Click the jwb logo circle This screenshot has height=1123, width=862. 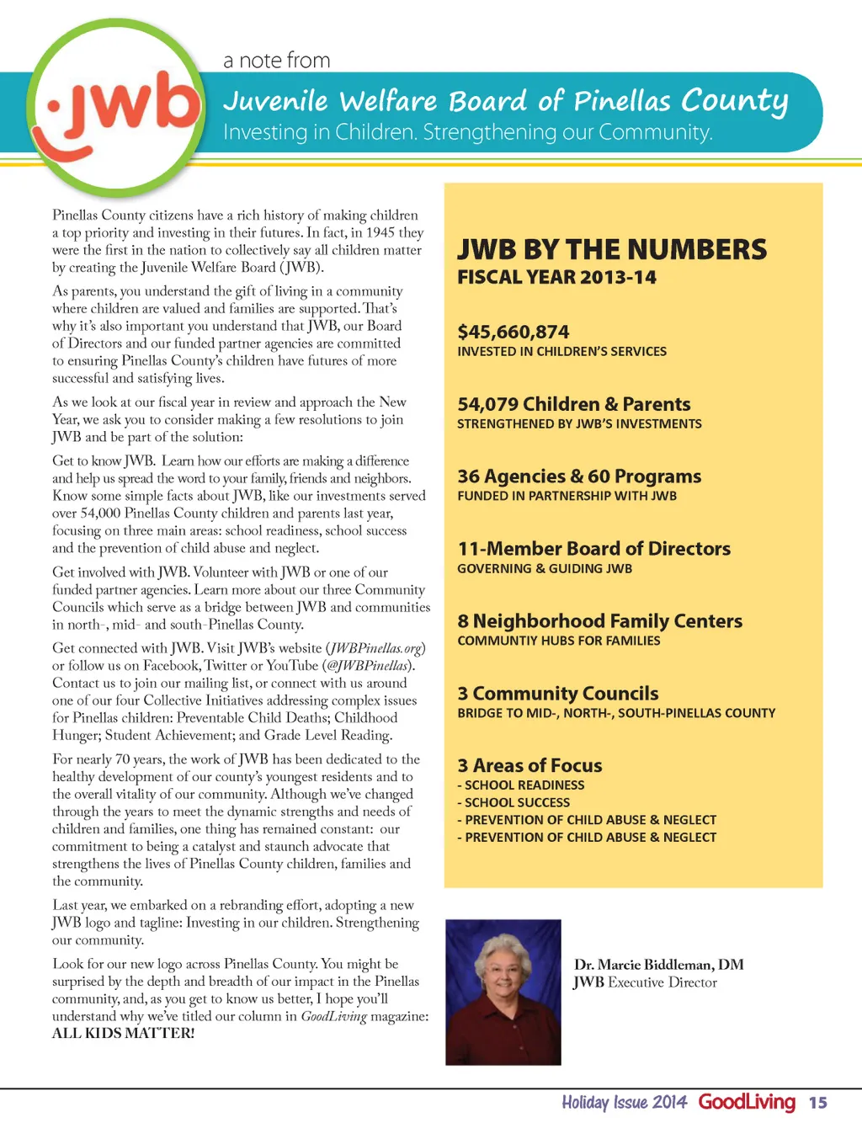tap(118, 108)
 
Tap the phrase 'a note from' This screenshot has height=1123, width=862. tap(276, 61)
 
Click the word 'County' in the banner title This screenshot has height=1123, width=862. tap(734, 101)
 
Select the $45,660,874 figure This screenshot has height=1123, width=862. tap(513, 332)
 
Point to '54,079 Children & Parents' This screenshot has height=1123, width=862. tap(573, 404)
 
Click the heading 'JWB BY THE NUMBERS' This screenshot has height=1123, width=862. tap(612, 249)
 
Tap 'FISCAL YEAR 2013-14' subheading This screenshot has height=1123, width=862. tap(556, 277)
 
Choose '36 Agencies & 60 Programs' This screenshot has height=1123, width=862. tap(579, 476)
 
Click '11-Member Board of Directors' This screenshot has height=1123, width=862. tap(593, 549)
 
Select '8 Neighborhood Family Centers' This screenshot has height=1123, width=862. tap(599, 621)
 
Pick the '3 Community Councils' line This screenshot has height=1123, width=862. tap(557, 694)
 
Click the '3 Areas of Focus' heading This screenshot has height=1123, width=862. tap(529, 766)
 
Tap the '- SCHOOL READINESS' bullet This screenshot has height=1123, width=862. tap(521, 785)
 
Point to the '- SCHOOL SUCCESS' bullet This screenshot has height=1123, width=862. tap(513, 802)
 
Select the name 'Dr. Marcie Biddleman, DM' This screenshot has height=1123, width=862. tap(658, 965)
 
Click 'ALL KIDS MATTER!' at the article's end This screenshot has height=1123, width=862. tap(123, 1033)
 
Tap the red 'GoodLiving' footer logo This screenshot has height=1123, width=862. tap(747, 1102)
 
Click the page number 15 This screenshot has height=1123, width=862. tap(818, 1103)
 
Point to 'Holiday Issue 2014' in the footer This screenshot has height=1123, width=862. tap(624, 1103)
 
